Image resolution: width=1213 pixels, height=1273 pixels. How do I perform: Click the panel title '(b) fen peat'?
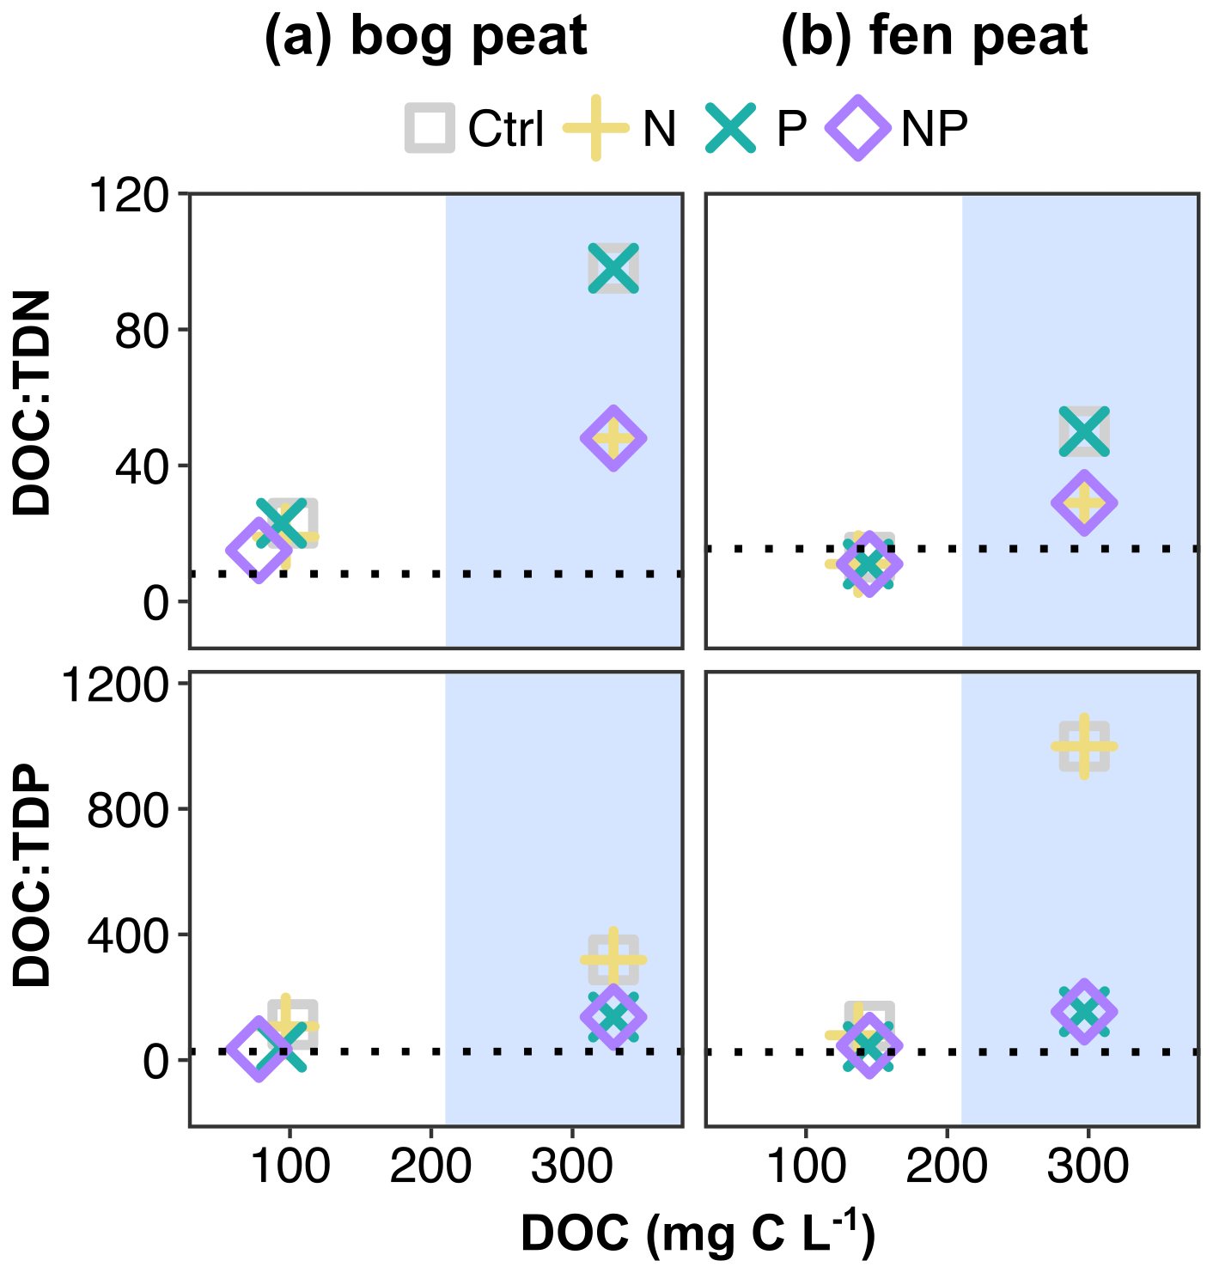(x=934, y=37)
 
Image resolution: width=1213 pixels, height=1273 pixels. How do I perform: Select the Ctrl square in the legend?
(x=430, y=129)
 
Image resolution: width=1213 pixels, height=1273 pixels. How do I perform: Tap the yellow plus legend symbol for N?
(x=595, y=129)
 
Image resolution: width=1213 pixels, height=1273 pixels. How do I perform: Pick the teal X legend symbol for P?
(x=731, y=129)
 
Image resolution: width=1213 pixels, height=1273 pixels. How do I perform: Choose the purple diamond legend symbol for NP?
(x=857, y=129)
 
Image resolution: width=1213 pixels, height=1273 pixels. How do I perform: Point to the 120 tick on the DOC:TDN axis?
(x=131, y=197)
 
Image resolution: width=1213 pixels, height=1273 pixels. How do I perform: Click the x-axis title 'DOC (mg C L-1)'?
(x=697, y=1233)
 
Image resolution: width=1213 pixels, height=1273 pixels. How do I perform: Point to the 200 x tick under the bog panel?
(x=430, y=1166)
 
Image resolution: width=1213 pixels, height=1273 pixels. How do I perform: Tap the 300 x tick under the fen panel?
(x=1088, y=1166)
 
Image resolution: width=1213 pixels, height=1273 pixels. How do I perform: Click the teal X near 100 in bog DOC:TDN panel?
(x=613, y=268)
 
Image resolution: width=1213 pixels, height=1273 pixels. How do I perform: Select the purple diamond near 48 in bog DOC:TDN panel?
(x=613, y=438)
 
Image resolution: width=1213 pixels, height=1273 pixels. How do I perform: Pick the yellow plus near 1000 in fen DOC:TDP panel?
(x=1084, y=746)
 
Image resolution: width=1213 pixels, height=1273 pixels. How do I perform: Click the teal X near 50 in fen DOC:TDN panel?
(x=1084, y=431)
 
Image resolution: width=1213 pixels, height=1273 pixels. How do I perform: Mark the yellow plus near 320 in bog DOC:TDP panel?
(x=613, y=959)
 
